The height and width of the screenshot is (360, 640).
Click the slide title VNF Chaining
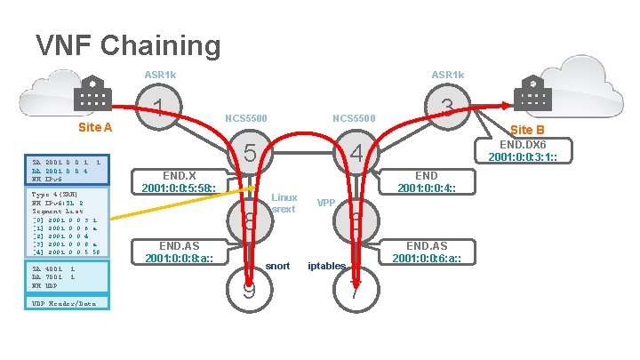tap(127, 44)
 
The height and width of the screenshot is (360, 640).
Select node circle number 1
tap(158, 108)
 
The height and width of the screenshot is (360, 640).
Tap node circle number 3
tap(447, 108)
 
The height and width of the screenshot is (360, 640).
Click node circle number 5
tap(251, 154)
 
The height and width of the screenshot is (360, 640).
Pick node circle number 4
tap(356, 154)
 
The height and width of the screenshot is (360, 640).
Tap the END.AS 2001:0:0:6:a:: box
tap(427, 252)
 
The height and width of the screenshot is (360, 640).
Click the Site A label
tap(95, 127)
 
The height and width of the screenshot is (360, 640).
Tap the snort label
tap(277, 266)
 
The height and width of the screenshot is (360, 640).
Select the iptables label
tap(325, 266)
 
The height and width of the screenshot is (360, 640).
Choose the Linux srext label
tap(284, 203)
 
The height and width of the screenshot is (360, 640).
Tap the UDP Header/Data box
tap(67, 303)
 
